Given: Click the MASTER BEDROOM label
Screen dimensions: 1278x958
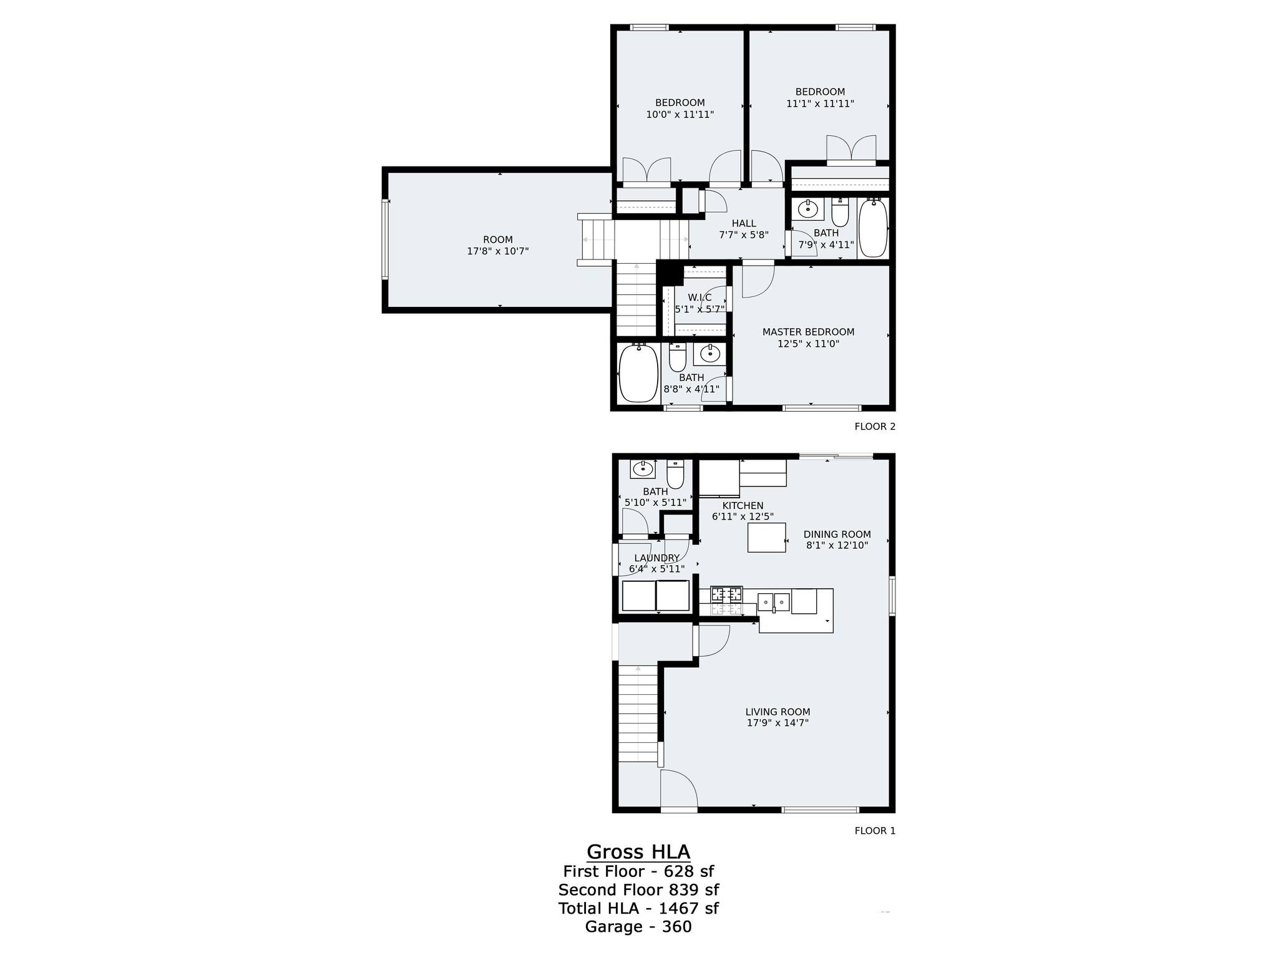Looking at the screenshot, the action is (808, 332).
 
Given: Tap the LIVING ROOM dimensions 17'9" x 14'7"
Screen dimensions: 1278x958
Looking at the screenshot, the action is (778, 723).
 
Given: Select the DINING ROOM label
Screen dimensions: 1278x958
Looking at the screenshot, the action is (837, 534).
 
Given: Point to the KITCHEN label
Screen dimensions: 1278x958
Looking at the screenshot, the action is (743, 506).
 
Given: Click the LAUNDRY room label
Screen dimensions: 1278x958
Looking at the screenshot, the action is (656, 558).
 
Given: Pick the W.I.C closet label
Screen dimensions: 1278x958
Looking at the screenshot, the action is (700, 298).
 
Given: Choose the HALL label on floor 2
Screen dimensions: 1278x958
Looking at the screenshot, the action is (744, 223).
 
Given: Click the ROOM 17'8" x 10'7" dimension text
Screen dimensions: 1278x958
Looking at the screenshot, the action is (498, 251).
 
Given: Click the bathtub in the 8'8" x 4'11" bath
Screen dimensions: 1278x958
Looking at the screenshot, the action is (638, 373).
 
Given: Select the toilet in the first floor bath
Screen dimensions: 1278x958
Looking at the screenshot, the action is (675, 474).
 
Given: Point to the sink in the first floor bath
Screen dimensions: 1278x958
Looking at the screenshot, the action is (643, 468).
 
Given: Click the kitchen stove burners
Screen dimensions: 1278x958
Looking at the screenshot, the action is (727, 594).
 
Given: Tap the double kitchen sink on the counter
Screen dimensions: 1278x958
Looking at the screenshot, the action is (774, 602).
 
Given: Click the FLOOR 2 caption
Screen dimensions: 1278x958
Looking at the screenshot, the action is (875, 427).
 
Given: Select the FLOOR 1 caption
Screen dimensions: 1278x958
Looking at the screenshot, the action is (875, 831).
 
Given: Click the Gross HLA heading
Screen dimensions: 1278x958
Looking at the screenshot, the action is (638, 852).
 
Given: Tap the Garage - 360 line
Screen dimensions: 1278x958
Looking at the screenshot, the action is (638, 927).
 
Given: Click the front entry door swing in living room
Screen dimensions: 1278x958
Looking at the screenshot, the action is (679, 789).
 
